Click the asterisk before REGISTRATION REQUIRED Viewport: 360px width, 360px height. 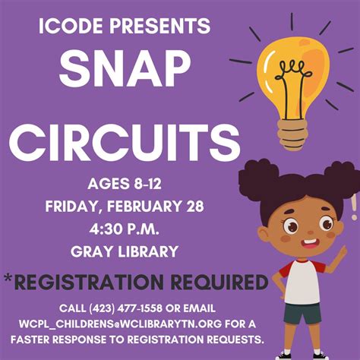point(8,279)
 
